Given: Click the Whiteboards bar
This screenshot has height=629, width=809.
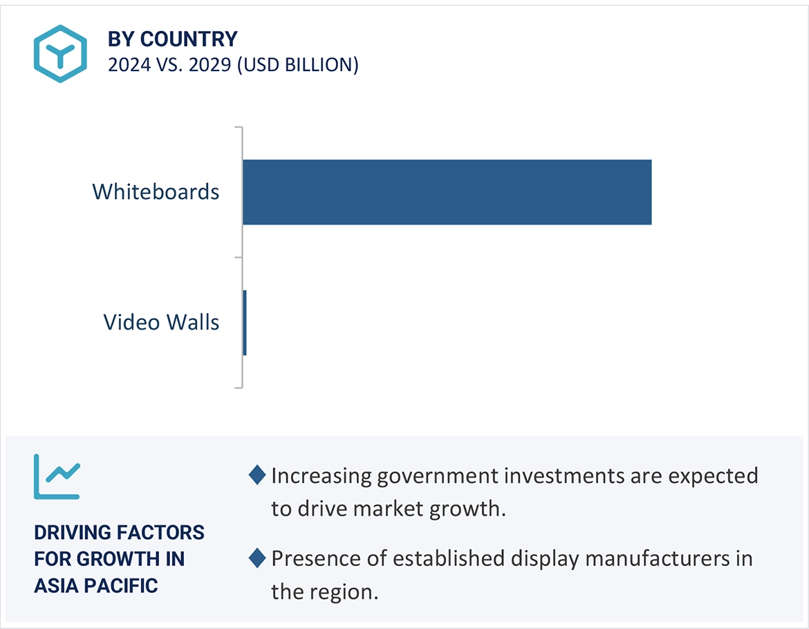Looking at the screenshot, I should point(447,192).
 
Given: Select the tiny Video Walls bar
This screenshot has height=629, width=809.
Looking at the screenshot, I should point(245,323).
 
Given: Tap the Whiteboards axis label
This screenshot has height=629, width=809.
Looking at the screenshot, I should point(156,191).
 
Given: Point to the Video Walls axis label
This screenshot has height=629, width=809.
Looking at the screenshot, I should point(161,322).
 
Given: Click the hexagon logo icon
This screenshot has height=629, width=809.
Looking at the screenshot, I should point(60,54).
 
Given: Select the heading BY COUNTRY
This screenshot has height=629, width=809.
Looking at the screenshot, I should point(172,39).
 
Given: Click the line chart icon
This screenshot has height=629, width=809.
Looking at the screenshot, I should point(57,476).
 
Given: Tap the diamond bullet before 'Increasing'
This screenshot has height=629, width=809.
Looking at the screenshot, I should point(257,475).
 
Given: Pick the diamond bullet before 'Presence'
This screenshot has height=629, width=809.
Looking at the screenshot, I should point(257,558).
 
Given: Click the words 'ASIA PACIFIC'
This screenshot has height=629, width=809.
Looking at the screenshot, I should point(96,585).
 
